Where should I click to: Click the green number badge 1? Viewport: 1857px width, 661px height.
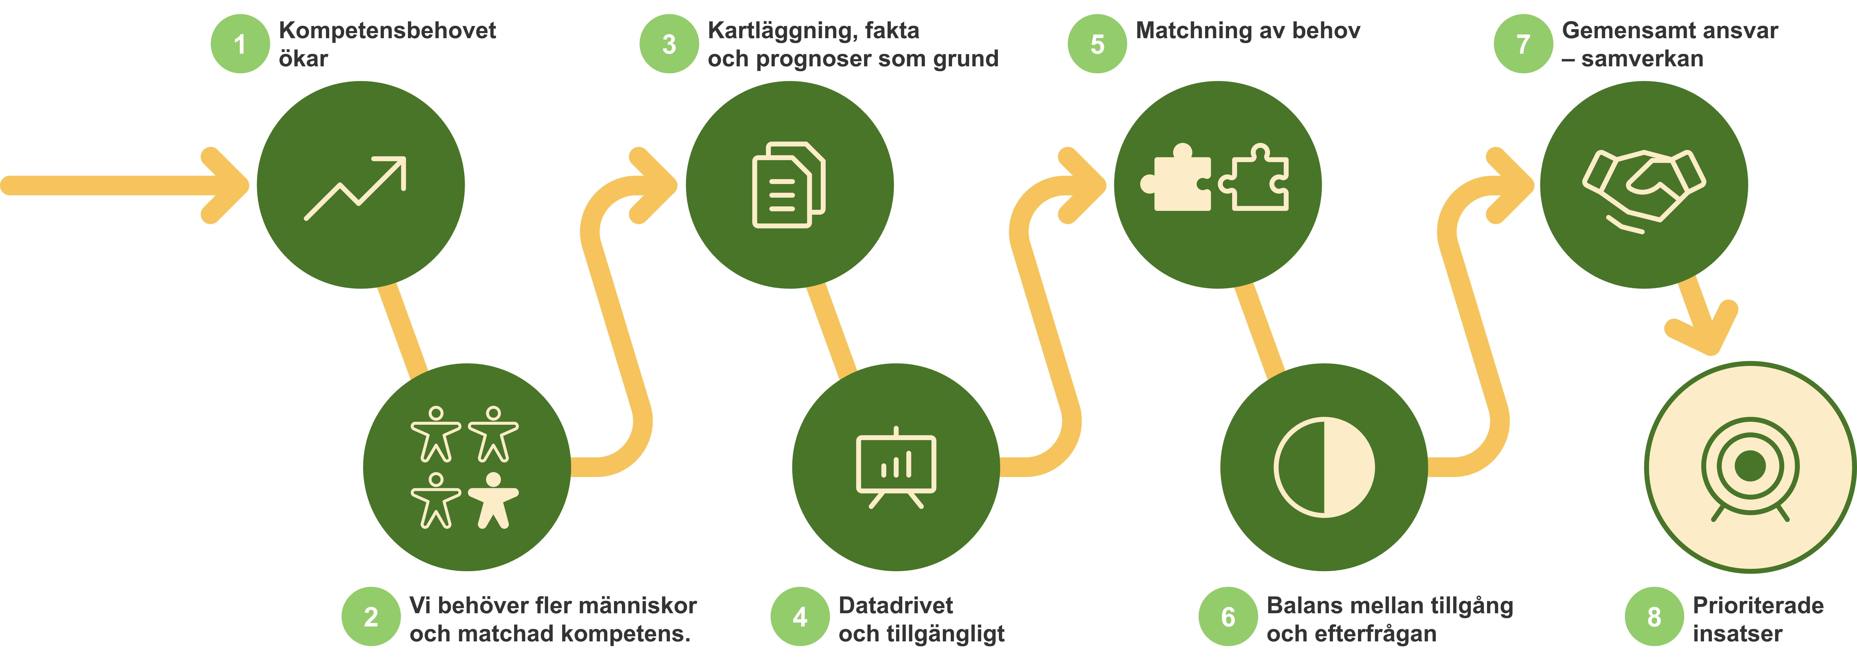(x=240, y=44)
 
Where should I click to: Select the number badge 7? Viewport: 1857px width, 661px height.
(x=1523, y=44)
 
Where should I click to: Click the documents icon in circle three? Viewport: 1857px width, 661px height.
(x=789, y=185)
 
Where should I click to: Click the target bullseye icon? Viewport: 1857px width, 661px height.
(x=1750, y=468)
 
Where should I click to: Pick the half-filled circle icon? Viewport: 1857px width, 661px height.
(x=1324, y=467)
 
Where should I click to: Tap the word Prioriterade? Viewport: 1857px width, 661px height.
(x=1758, y=605)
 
